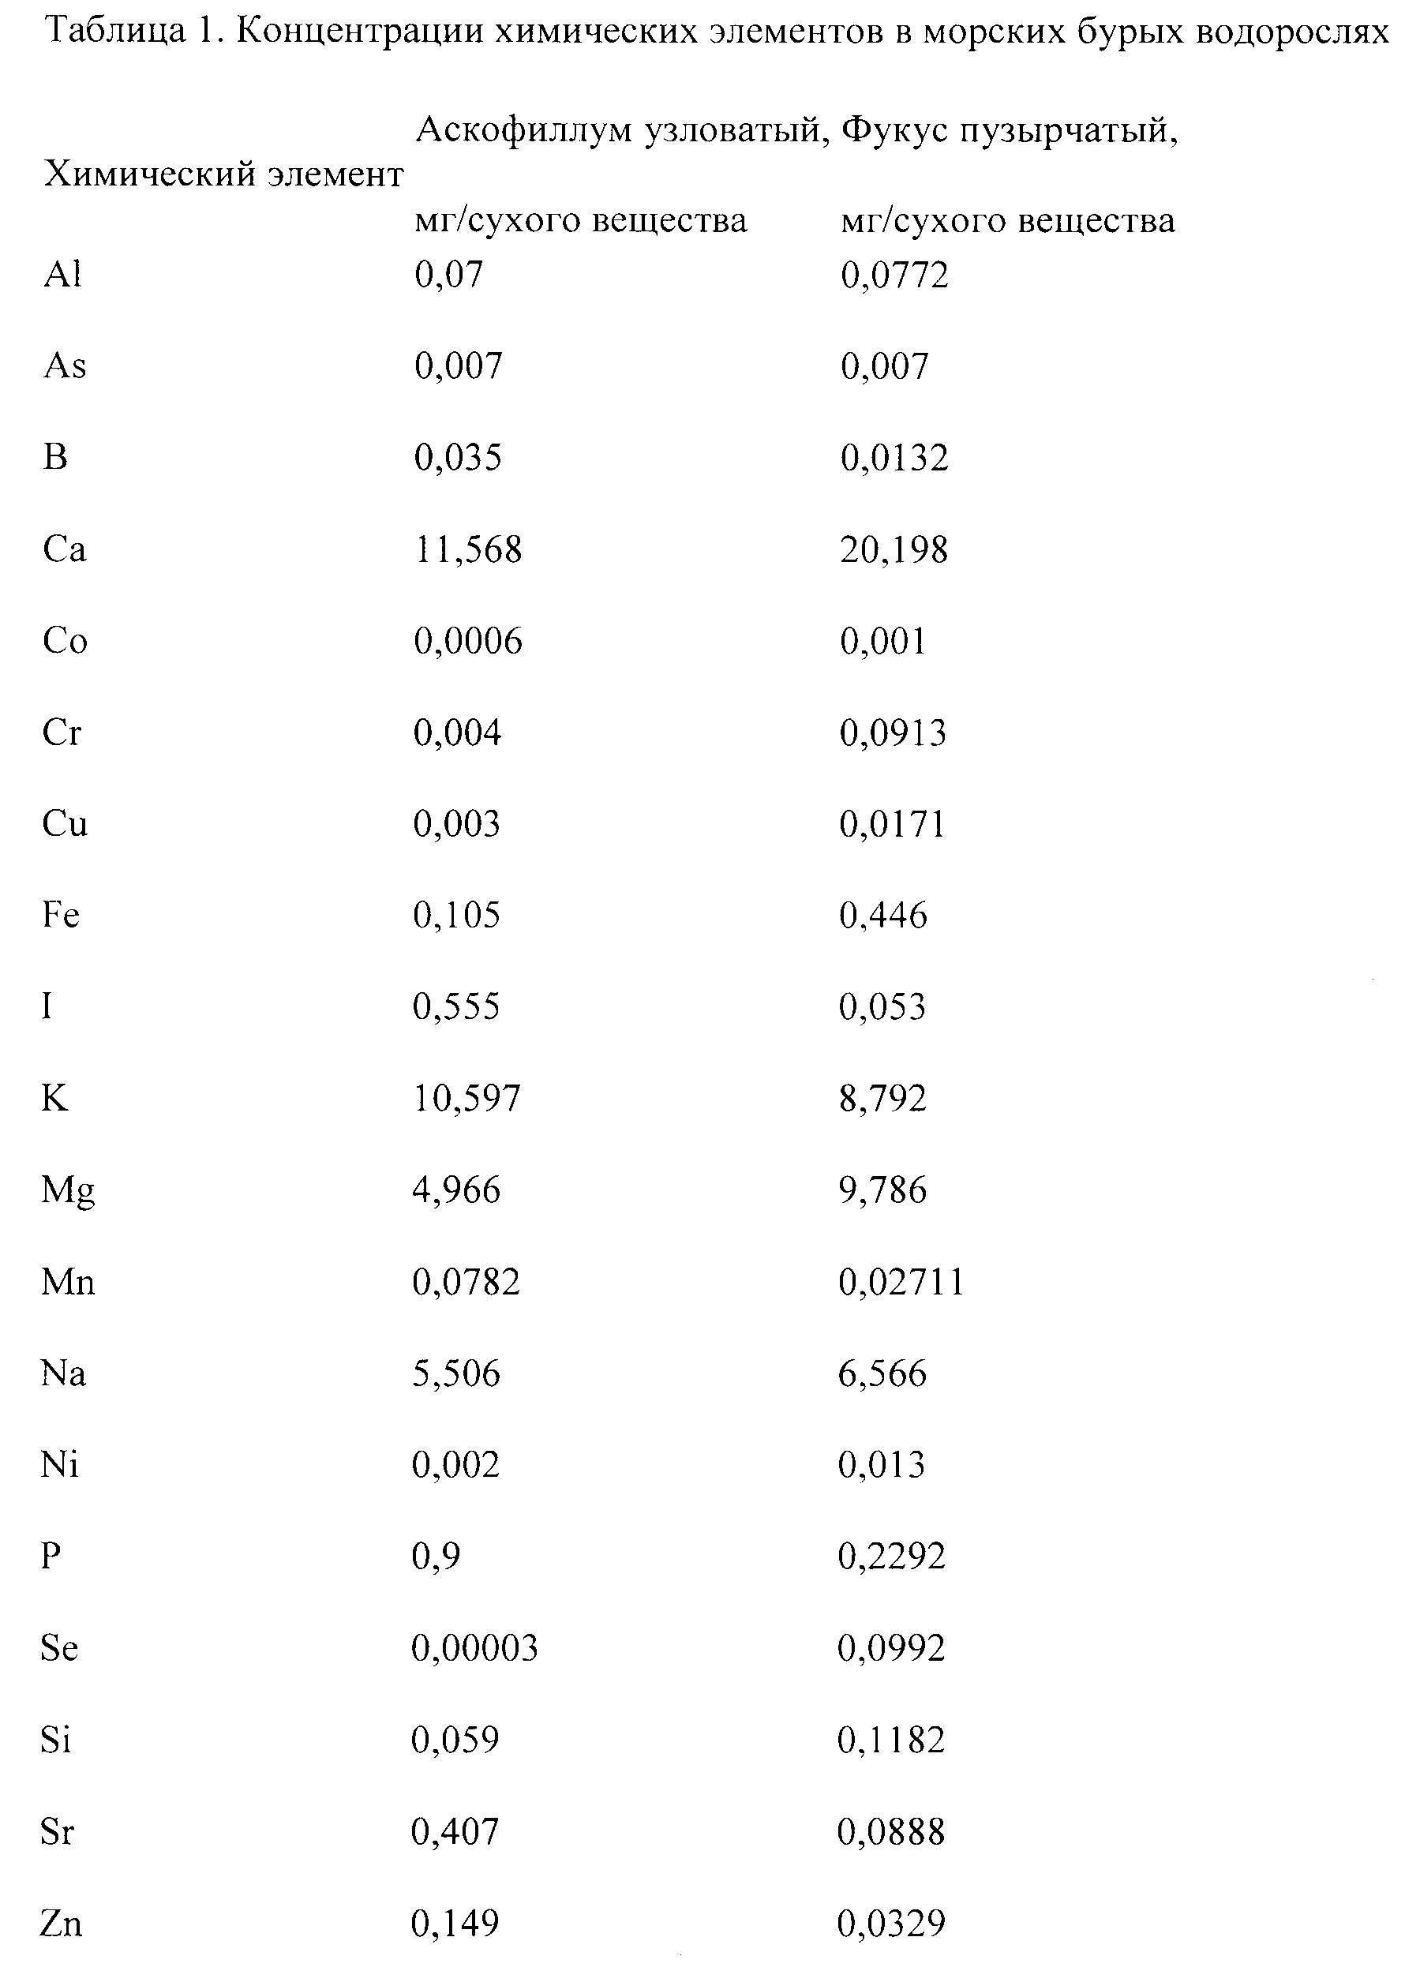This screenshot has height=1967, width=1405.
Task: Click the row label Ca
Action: click(64, 549)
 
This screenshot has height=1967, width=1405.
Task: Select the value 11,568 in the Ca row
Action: click(467, 549)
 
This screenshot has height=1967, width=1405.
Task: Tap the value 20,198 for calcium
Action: click(894, 549)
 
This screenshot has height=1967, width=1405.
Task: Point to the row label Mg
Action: click(67, 1191)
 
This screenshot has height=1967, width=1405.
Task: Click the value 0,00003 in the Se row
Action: click(474, 1649)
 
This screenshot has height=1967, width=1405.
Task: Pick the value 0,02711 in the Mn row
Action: click(901, 1282)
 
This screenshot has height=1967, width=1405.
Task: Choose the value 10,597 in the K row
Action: click(466, 1099)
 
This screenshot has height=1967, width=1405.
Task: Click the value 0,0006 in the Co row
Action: click(467, 641)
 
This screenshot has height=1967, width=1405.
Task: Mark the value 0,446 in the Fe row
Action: click(882, 915)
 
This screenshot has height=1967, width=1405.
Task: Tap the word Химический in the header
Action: click(149, 175)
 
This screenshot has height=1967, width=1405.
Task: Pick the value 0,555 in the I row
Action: click(456, 1007)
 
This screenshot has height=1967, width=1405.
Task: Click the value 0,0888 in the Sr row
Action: click(891, 1832)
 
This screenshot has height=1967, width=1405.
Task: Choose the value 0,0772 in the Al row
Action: click(894, 275)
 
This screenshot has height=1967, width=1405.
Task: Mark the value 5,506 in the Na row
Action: click(456, 1373)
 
